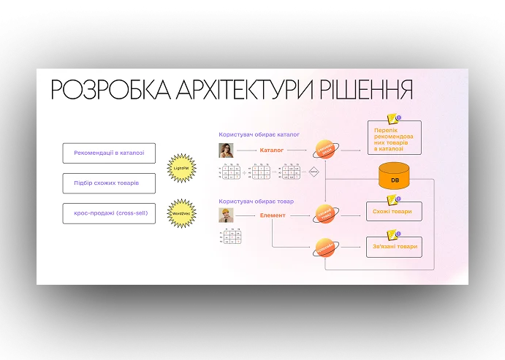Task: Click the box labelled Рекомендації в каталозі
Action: (x=109, y=153)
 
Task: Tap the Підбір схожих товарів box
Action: (x=109, y=183)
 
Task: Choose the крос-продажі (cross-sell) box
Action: (x=109, y=213)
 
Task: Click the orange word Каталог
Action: (x=271, y=150)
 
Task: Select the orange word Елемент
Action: (x=272, y=215)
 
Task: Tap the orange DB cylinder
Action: (x=395, y=178)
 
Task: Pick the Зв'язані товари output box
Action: (x=394, y=247)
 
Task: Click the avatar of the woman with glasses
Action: (x=226, y=150)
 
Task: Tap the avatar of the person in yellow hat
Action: (x=226, y=215)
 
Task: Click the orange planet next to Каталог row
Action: (x=325, y=150)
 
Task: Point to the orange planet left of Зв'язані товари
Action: (x=325, y=248)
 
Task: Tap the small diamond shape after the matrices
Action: (x=314, y=172)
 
